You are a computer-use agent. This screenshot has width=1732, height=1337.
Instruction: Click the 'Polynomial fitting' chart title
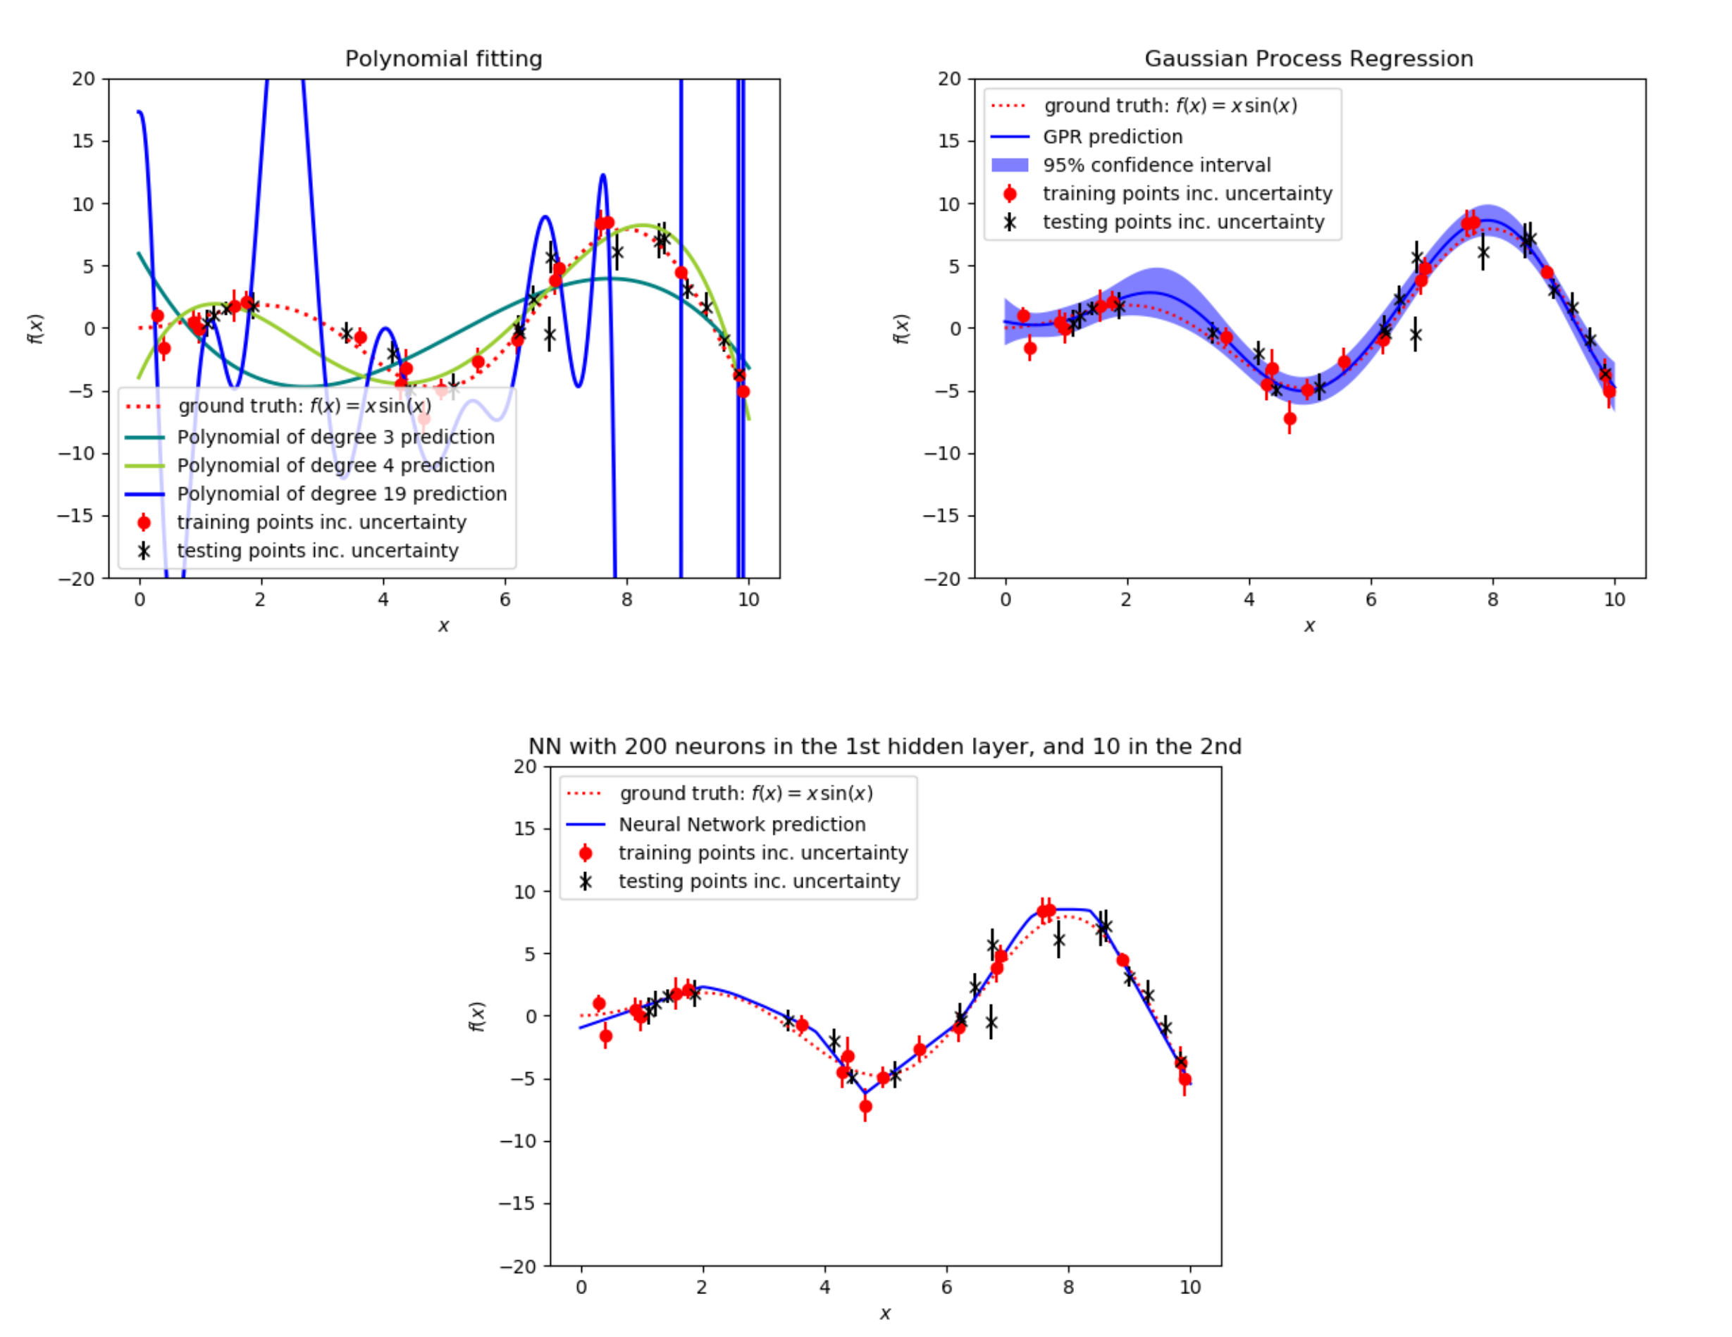point(443,58)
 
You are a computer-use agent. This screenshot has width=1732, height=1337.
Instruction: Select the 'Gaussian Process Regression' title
point(1309,58)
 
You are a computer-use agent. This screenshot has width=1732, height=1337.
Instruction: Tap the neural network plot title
point(884,746)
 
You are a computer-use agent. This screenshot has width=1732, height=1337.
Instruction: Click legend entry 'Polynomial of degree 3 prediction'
point(335,437)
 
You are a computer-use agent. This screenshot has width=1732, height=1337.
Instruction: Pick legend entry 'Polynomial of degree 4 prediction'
point(335,466)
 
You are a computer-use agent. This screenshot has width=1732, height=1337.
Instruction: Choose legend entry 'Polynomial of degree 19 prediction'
point(342,494)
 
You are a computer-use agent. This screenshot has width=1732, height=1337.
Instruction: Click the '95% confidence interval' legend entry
point(1156,165)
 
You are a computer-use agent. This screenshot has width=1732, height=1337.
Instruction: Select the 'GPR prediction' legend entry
point(1113,137)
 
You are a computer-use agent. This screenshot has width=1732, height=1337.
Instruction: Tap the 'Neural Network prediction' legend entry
point(741,824)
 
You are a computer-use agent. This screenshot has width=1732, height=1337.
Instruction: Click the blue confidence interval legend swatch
point(1010,165)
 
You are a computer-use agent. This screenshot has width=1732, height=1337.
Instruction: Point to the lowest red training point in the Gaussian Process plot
point(1290,418)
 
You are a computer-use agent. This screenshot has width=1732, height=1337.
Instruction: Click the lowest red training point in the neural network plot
point(865,1106)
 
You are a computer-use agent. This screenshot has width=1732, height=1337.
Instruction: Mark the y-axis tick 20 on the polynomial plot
point(83,78)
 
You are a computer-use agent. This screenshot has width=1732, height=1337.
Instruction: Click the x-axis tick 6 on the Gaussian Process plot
point(1371,599)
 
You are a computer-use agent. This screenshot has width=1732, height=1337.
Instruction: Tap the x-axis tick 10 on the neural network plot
point(1189,1287)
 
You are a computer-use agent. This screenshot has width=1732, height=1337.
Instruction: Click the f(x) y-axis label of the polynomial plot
point(36,328)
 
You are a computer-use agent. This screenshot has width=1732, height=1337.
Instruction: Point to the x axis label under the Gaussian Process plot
point(1309,626)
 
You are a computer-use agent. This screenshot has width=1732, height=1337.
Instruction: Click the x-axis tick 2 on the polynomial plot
point(260,599)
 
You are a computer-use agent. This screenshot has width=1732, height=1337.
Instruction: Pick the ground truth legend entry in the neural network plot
point(746,793)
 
